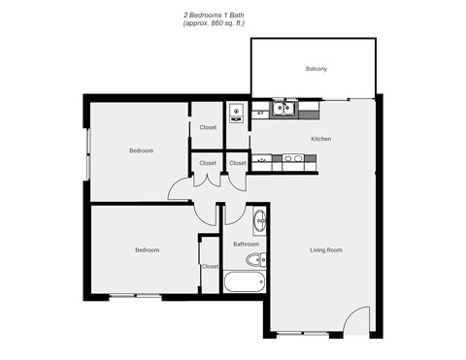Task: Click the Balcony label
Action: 316,69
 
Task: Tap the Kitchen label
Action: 320,139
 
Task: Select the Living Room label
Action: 325,249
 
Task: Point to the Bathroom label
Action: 245,244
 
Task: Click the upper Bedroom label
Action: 141,150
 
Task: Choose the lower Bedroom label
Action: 146,249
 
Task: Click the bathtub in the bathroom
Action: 244,283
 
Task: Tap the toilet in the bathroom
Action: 256,260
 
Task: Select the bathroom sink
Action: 259,222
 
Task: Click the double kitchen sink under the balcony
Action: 283,109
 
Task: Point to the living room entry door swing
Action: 356,320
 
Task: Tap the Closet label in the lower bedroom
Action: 210,265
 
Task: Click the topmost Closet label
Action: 208,127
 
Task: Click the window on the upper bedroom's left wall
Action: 88,151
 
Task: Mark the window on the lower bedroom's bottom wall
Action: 134,294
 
